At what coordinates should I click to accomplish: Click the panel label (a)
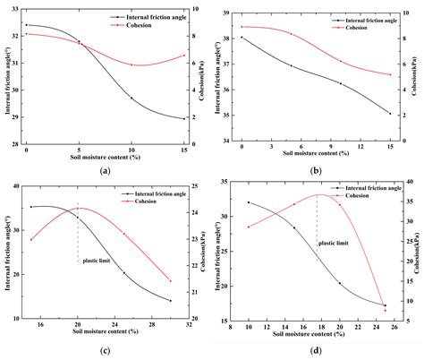click(106, 170)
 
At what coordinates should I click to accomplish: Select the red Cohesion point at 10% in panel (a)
click(131, 64)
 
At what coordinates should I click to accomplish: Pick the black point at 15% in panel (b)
click(389, 114)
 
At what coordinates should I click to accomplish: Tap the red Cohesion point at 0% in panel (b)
click(242, 27)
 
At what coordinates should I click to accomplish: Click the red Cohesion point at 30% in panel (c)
click(170, 280)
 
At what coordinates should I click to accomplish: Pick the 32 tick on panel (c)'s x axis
click(190, 325)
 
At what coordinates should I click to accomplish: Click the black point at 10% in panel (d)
click(249, 202)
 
